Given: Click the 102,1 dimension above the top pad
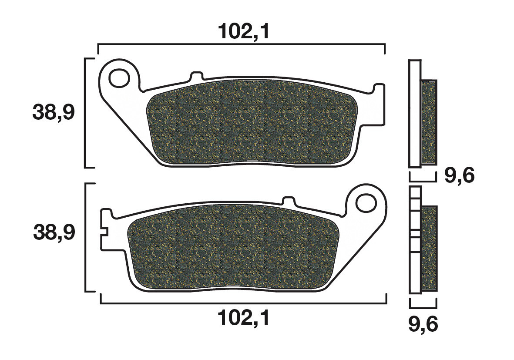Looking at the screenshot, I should (243, 32).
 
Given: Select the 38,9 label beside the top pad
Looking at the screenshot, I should (54, 113).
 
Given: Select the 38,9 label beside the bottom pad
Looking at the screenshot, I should (54, 233).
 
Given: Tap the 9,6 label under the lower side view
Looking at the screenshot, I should (423, 324).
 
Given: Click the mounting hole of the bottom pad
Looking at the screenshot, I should (366, 203).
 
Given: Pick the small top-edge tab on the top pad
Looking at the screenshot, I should (197, 76).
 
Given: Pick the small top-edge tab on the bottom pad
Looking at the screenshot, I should (289, 201).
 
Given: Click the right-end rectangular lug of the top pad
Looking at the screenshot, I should (380, 104).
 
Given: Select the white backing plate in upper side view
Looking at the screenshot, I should (415, 113).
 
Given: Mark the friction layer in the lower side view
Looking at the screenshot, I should (429, 248).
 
